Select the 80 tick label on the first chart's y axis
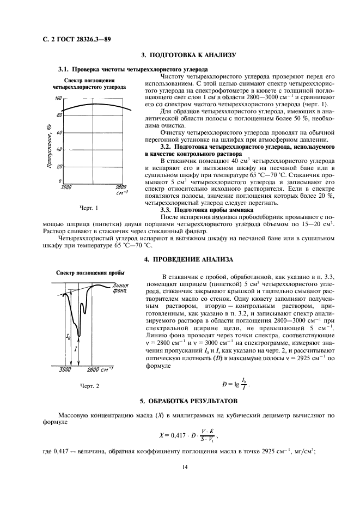click(x=58, y=116)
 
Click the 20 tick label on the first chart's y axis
click(x=58, y=166)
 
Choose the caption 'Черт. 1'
click(x=89, y=208)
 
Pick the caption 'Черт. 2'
click(x=90, y=386)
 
